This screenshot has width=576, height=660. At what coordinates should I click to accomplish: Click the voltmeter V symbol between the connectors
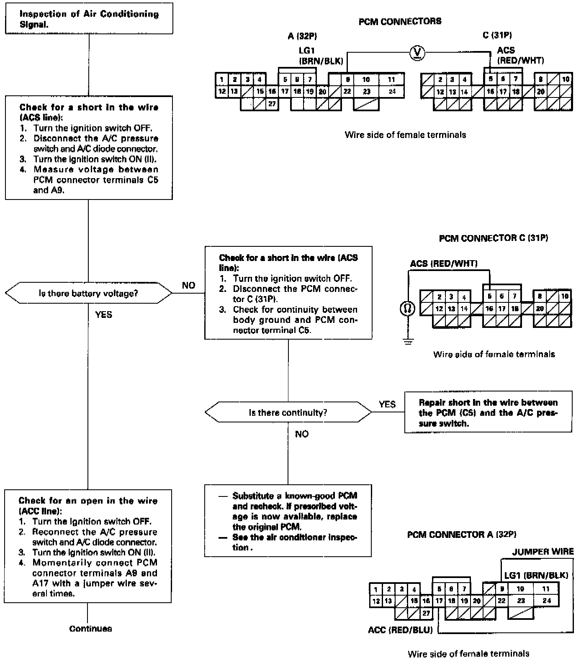(417, 53)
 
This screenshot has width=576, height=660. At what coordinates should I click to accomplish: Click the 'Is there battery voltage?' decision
(88, 293)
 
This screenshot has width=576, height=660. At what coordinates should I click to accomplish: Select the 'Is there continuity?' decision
(288, 412)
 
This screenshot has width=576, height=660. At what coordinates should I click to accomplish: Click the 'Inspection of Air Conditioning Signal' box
(89, 19)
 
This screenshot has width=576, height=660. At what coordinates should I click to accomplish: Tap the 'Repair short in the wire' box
(488, 412)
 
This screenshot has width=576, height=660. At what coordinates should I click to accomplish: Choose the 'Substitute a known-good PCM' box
(288, 521)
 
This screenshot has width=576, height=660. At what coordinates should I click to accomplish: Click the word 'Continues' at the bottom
(90, 629)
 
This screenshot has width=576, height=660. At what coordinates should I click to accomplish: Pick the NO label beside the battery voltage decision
(188, 285)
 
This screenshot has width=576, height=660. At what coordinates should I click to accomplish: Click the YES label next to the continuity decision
(387, 404)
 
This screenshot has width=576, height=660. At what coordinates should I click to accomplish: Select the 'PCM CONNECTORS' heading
(400, 21)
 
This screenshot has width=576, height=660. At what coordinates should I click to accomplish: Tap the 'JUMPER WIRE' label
(543, 551)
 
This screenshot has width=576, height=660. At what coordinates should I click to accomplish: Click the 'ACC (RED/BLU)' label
(400, 630)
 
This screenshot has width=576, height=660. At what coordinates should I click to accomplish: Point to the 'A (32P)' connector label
(299, 36)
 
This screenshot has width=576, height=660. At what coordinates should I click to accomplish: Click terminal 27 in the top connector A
(272, 104)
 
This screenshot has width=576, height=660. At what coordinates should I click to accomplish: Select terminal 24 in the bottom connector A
(547, 601)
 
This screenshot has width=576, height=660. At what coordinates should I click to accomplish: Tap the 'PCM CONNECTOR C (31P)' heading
(493, 238)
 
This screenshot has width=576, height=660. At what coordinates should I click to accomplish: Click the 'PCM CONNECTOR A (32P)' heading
(461, 535)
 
